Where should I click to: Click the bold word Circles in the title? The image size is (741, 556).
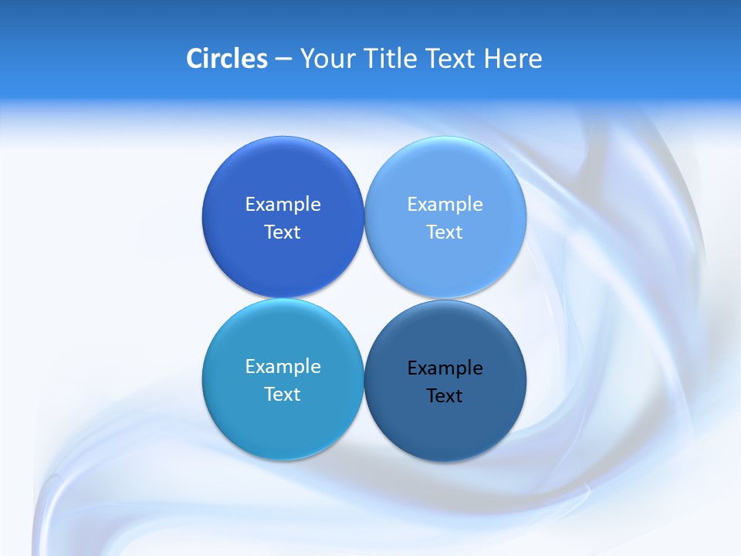227,59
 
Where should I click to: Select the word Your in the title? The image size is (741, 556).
325,59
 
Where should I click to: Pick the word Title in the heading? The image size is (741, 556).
386,59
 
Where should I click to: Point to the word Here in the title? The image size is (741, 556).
513,59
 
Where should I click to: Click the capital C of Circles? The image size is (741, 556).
195,59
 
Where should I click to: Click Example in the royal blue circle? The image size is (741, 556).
283,204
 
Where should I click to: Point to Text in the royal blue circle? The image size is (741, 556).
283,232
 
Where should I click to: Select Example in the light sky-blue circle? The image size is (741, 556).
445,204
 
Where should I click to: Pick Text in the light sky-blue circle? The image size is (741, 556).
445,232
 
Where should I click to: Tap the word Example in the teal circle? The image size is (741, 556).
283,366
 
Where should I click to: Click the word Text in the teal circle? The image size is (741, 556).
283,394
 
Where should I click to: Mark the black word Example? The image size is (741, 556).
445,368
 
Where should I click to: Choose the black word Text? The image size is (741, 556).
445,395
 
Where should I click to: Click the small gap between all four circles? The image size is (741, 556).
364,299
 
